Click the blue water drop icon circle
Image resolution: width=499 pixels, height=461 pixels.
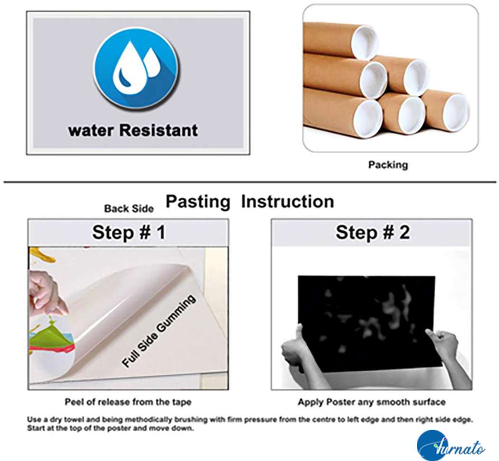coord(136,69)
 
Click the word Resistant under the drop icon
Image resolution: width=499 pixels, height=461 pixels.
coord(159,130)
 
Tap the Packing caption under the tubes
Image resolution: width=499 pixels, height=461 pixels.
coord(388,165)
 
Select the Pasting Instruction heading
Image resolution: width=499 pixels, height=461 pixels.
coord(250,202)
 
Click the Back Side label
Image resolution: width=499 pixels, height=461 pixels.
coord(129,209)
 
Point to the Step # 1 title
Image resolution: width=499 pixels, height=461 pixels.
coord(129,232)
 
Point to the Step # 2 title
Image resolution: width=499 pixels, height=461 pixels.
coord(373,232)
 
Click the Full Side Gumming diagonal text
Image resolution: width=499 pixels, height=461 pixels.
coord(159,331)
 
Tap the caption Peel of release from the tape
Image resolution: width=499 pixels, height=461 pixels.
coord(128,402)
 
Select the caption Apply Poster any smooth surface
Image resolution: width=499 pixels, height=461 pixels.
coord(371,402)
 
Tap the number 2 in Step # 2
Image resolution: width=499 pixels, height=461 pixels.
coord(404,232)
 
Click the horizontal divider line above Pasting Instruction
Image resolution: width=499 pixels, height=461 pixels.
coord(250,182)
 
